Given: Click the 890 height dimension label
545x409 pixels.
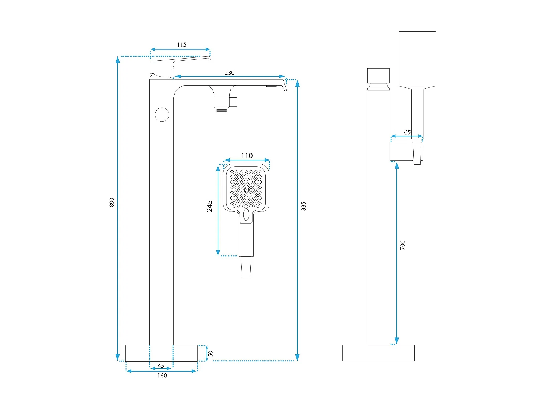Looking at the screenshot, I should (x=112, y=203).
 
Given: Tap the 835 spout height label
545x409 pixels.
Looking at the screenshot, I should (x=303, y=206).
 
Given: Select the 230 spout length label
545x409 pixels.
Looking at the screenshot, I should (x=230, y=73).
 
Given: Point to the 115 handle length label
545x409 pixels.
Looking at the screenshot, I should (x=182, y=45).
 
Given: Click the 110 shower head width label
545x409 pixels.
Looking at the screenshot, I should (x=247, y=156).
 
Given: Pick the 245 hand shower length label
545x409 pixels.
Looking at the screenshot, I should (x=210, y=206).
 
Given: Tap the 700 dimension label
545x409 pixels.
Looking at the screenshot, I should (x=403, y=245).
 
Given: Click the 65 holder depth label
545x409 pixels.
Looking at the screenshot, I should (x=407, y=132).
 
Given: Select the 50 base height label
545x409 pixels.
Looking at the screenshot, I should (x=210, y=353).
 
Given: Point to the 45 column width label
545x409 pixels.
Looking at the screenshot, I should (x=161, y=366).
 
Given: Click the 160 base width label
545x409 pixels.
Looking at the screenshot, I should (x=162, y=376).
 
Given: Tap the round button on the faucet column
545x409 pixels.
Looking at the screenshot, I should (x=162, y=115).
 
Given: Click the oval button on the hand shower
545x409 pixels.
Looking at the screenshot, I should (x=246, y=215).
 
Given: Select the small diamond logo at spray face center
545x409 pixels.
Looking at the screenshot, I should (x=246, y=190).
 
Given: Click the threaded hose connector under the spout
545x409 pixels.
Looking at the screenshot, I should (x=222, y=109).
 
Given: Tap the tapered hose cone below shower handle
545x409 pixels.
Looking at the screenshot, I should (x=246, y=267).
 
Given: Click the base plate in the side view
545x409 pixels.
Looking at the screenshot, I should (x=378, y=353).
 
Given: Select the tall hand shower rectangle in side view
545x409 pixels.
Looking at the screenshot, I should (x=417, y=59).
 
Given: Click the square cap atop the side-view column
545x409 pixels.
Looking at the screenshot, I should (x=378, y=76).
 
